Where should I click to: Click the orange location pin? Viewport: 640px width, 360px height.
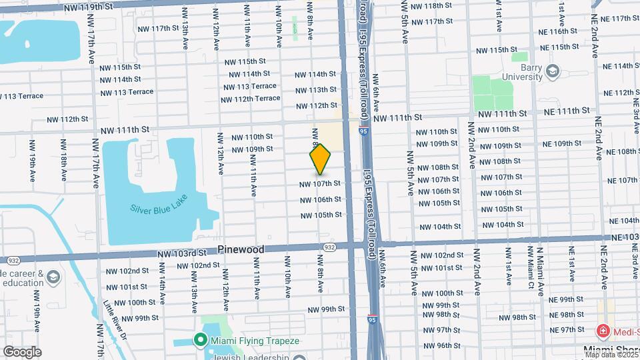(321, 159)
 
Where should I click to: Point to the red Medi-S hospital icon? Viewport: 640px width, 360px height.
(601, 331)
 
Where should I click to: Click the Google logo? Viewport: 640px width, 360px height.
(22, 351)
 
